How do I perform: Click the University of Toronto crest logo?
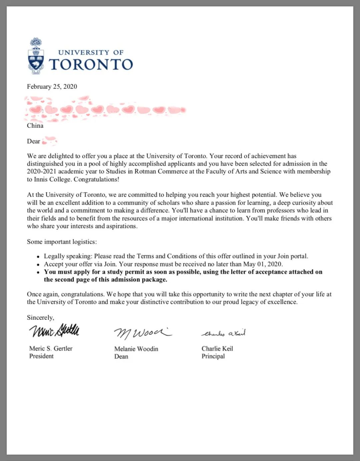pos(36,56)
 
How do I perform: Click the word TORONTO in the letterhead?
pos(91,65)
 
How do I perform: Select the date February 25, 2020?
pos(52,87)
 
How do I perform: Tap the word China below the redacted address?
pos(35,126)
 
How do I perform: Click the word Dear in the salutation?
pos(33,141)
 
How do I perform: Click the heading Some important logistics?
pos(62,242)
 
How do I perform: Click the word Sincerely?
pos(40,317)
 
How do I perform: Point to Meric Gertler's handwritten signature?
pos(54,330)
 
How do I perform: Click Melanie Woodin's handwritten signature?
pos(143,332)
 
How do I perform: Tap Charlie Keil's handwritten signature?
pos(224,333)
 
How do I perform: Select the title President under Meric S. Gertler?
pos(41,356)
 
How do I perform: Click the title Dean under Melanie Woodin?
pos(121,356)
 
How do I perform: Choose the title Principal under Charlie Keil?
pos(213,356)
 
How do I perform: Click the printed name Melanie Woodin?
pos(136,349)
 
